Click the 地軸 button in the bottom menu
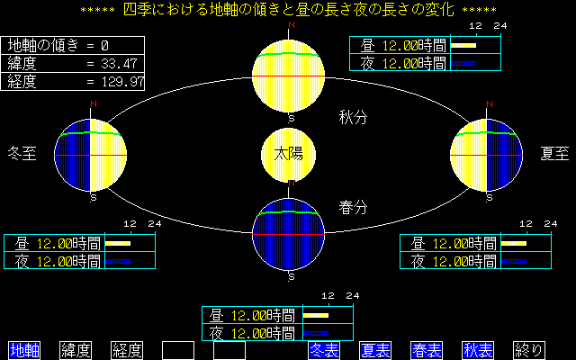24,350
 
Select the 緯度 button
76,350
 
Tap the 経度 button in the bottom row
127,350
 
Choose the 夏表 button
375,350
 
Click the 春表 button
427,350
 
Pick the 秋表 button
478,350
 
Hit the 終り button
529,350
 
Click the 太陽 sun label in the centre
288,154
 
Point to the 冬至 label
22,154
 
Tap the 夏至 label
554,154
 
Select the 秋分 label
353,118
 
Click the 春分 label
353,208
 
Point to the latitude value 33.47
119,64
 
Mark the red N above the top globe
292,25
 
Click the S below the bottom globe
292,277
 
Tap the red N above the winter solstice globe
94,104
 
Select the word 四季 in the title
138,10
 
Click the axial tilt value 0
104,46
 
